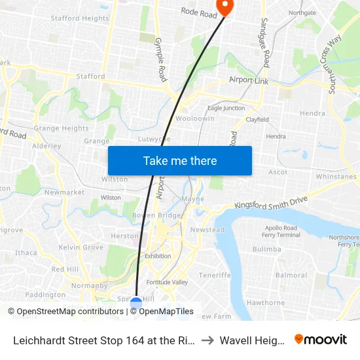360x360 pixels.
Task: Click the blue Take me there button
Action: coord(180,160)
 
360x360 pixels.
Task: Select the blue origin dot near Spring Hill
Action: coord(136,304)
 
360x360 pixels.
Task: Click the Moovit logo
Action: coord(321,339)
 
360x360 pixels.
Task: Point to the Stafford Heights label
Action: coord(80,18)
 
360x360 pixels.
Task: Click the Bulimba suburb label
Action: coord(266,249)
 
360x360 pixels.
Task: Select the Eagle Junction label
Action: coord(226,108)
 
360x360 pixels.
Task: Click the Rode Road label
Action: coord(198,12)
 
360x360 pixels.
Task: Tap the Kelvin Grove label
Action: coord(81,247)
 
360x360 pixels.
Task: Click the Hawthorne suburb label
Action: coord(266,302)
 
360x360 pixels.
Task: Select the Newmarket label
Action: coord(64,192)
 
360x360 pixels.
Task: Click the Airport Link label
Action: coord(249,79)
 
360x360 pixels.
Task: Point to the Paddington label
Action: coord(45,295)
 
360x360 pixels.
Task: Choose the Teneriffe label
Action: coord(215,275)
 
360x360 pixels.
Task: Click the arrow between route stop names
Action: coord(206,340)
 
